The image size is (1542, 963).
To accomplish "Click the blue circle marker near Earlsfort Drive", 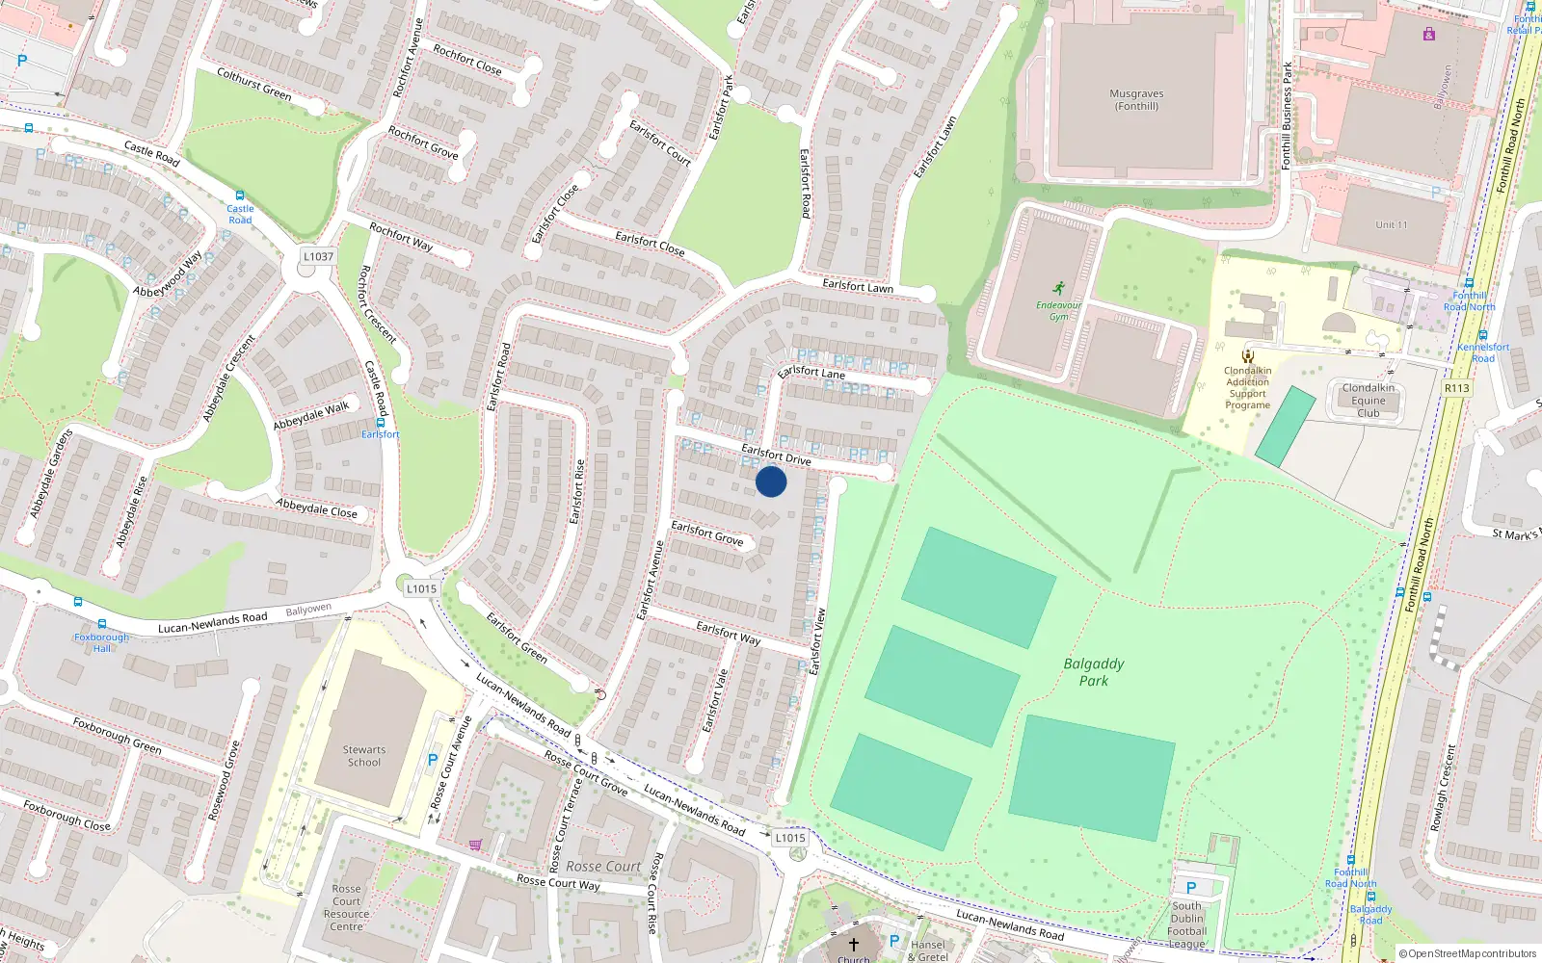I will point(771,481).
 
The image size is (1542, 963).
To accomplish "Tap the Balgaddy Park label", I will point(1093,672).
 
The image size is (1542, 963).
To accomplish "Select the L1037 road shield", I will point(318,257).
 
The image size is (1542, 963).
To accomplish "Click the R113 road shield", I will point(1456,388).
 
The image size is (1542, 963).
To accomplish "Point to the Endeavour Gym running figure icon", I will point(1059,289).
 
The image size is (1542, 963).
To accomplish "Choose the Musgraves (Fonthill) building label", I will point(1136,100).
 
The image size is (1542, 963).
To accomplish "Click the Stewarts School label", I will point(363,756).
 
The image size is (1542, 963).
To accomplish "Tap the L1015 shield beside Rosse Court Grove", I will point(790,838).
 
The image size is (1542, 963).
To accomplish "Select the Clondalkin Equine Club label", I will point(1368,401).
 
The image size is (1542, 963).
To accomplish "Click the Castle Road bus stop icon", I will point(240,195).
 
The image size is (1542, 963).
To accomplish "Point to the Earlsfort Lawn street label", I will point(857,286).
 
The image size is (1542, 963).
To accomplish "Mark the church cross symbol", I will point(853,945).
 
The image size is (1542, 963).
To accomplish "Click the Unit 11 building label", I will point(1391,224).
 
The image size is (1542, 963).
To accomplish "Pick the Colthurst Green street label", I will point(253,84).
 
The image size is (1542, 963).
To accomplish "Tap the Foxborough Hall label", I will point(101,642).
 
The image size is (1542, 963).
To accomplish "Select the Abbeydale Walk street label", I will point(310,416).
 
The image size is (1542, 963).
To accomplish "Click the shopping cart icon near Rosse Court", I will point(475,846).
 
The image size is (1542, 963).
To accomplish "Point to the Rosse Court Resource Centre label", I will point(347,908).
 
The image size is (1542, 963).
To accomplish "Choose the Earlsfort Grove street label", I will point(707,534).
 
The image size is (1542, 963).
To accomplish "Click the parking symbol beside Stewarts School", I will point(433,761).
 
